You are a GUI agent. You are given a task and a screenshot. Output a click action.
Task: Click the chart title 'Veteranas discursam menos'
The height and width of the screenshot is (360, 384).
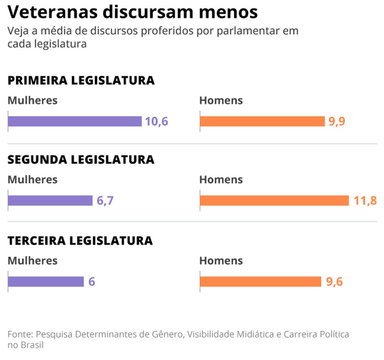pyautogui.click(x=133, y=12)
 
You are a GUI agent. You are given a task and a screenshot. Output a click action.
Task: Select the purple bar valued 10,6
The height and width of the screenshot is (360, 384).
pyautogui.click(x=75, y=121)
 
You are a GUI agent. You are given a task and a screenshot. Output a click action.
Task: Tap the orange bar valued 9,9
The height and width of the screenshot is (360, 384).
pyautogui.click(x=262, y=121)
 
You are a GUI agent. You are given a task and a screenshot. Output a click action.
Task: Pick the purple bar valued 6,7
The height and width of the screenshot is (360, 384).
pyautogui.click(x=50, y=201)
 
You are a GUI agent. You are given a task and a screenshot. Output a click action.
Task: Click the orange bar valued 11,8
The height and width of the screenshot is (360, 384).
pyautogui.click(x=274, y=201)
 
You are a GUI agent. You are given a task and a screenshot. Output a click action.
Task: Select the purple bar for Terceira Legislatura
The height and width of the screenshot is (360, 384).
pyautogui.click(x=46, y=282)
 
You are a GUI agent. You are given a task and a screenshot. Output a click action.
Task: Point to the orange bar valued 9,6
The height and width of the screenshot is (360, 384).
pyautogui.click(x=260, y=282)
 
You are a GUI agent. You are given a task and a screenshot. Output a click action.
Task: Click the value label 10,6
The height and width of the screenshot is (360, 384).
pyautogui.click(x=156, y=121)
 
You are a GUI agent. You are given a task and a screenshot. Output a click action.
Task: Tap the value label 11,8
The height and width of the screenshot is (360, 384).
pyautogui.click(x=365, y=201)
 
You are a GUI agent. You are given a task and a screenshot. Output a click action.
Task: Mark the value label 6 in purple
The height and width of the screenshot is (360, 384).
pyautogui.click(x=92, y=282)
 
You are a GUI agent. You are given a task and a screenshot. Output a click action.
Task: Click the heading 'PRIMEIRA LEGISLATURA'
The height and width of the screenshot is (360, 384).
pyautogui.click(x=81, y=80)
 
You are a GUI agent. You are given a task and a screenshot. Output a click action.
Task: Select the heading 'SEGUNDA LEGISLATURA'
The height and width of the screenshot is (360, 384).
pyautogui.click(x=81, y=160)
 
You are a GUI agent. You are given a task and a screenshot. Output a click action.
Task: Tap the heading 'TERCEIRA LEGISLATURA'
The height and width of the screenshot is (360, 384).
pyautogui.click(x=80, y=241)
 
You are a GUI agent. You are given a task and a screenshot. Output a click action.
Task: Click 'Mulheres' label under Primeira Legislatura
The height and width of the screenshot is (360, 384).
pyautogui.click(x=33, y=100)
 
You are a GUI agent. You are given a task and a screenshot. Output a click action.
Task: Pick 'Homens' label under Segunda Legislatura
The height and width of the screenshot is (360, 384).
pyautogui.click(x=221, y=180)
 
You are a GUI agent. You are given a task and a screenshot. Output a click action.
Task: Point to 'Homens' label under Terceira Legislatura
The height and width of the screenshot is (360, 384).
pyautogui.click(x=221, y=261)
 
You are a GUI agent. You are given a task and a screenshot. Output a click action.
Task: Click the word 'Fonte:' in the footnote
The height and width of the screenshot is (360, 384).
pyautogui.click(x=20, y=335)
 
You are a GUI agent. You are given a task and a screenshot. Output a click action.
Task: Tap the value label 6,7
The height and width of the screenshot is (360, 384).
pyautogui.click(x=104, y=201)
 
